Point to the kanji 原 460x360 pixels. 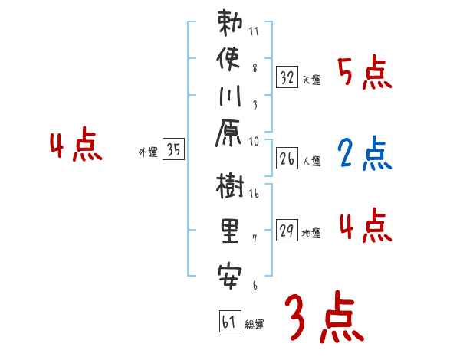228,136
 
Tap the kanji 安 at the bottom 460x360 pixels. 228,271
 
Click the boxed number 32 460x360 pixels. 287,77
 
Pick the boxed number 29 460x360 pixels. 287,231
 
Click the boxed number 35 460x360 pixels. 173,150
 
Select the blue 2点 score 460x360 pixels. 364,155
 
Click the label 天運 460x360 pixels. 312,80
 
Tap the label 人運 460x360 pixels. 312,161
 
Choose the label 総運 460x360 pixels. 255,324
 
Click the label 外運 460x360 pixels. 148,152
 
